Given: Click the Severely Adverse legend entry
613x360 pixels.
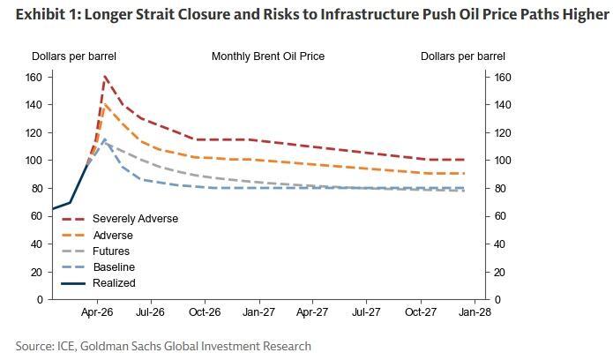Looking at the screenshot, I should (x=135, y=219).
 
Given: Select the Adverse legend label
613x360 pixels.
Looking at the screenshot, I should (x=112, y=236).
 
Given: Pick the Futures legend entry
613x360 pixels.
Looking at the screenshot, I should (x=111, y=251).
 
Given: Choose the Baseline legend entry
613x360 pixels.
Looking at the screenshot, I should (x=114, y=267).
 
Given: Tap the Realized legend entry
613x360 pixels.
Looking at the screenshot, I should (x=114, y=283).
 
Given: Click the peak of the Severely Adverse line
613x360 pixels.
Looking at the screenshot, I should (x=105, y=77).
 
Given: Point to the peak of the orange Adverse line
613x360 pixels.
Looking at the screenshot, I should (x=105, y=104).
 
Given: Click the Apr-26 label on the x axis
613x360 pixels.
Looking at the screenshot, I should (x=97, y=311).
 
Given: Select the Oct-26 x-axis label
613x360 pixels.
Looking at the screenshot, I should (x=205, y=311).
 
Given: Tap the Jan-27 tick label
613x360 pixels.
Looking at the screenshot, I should (x=258, y=311).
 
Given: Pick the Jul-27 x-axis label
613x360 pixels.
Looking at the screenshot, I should (x=366, y=311).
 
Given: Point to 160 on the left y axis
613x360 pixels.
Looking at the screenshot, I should (x=34, y=77).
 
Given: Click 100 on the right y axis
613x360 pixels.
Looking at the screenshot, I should (x=503, y=161).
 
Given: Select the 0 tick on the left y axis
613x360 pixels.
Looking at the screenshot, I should (x=40, y=300).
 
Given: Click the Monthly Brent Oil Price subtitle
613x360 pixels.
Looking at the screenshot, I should (x=268, y=56).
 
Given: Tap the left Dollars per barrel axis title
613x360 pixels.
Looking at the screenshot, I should (x=74, y=56).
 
